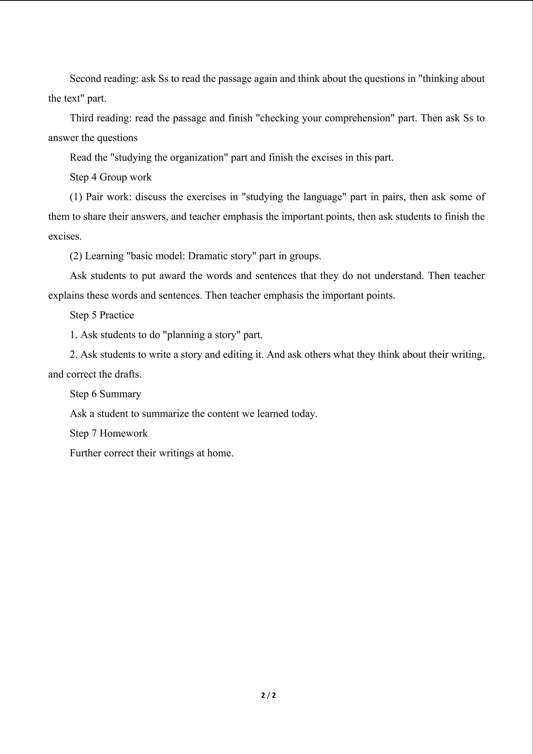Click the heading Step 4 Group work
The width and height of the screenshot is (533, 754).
pyautogui.click(x=111, y=177)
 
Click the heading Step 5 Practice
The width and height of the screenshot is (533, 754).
pyautogui.click(x=102, y=315)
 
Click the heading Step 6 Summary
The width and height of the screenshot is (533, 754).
pyautogui.click(x=105, y=394)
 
